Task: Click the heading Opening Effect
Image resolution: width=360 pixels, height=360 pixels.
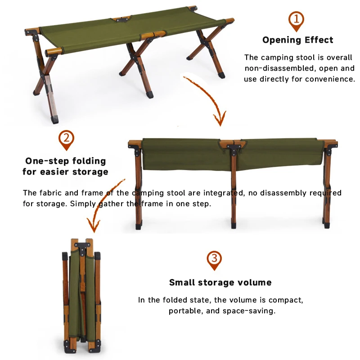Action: pos(297,40)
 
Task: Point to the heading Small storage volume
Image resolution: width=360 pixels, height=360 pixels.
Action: pos(220,283)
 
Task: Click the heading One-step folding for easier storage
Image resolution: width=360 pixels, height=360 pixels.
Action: pos(66,166)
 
